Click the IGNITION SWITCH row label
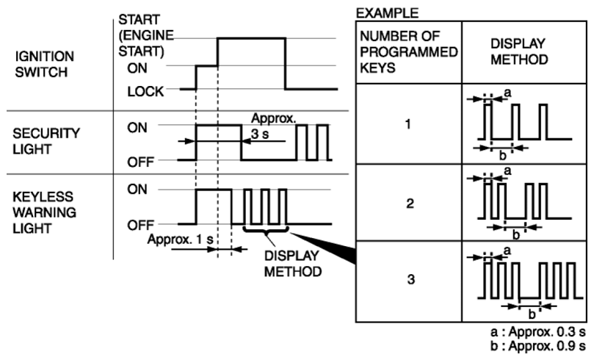point(44,64)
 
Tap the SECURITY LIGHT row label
point(46,141)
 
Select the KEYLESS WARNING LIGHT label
point(44,212)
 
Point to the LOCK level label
point(145,91)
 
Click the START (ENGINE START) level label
point(146,35)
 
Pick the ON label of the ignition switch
point(137,68)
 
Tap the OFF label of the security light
point(140,162)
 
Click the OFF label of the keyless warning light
point(140,225)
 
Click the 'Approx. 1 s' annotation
point(181,240)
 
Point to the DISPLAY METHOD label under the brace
point(293,264)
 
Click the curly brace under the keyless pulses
point(267,230)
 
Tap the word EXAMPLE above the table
point(387,13)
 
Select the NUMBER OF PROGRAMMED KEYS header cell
point(409,52)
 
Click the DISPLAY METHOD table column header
point(519,51)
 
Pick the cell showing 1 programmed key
point(408,124)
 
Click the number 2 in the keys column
point(410,204)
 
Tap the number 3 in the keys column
point(411,279)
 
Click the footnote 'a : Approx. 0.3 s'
point(538,332)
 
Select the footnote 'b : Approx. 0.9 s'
point(538,346)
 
